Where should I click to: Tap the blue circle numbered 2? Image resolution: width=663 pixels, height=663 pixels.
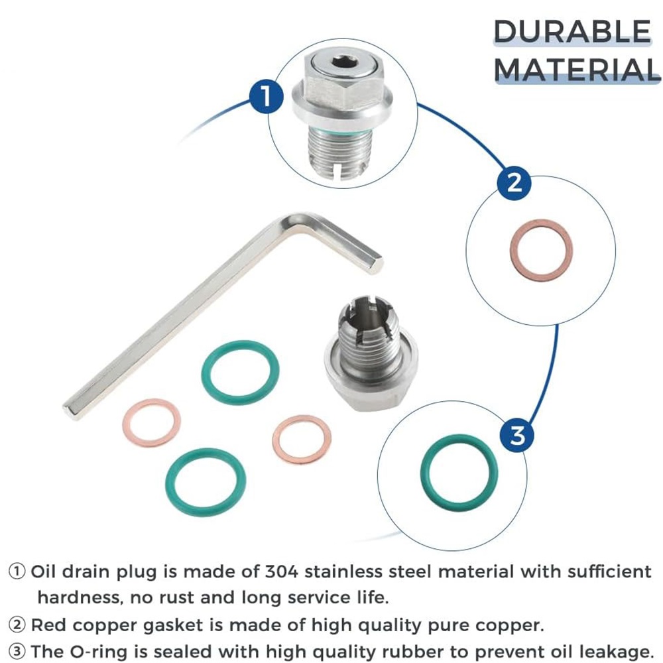[x=514, y=183]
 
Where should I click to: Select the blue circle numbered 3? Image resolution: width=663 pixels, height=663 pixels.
[x=517, y=435]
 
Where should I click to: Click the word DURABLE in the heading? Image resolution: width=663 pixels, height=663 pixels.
[x=572, y=32]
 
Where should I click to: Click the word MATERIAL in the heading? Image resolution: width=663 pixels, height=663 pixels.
[x=577, y=69]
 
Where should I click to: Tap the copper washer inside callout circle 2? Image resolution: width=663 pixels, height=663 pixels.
[x=542, y=250]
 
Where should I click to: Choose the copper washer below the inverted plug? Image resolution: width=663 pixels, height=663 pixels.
[x=302, y=440]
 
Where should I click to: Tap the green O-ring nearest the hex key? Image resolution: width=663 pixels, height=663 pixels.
[x=240, y=373]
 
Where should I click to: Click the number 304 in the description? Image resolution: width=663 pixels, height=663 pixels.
[x=282, y=572]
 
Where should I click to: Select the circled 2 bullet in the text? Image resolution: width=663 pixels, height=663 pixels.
[x=17, y=625]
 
